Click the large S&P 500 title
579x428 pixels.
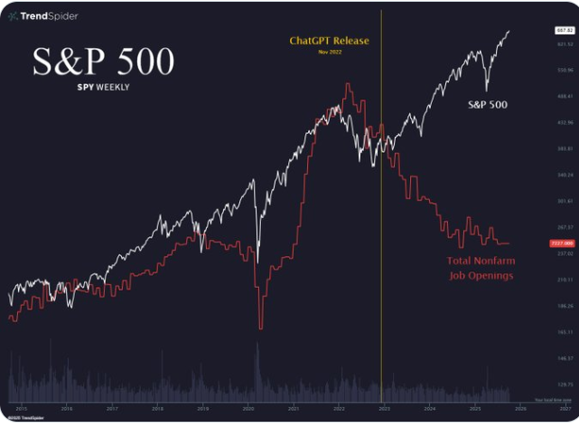pos(103,61)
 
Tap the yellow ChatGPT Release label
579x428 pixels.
pos(328,41)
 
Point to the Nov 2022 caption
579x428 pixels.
pos(328,52)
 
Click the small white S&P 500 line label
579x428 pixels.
pos(487,105)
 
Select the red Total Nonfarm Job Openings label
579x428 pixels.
pos(480,268)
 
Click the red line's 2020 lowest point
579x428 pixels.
pos(260,328)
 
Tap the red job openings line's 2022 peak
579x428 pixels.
pos(348,84)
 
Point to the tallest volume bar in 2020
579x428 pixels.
pos(257,345)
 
